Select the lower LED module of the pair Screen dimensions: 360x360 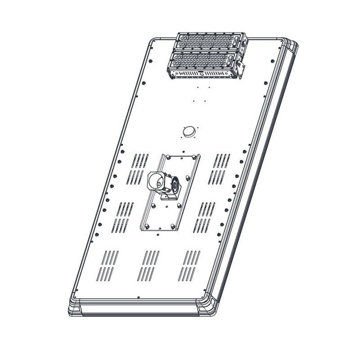(203, 62)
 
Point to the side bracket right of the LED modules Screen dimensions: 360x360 (241, 64)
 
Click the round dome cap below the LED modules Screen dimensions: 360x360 (189, 131)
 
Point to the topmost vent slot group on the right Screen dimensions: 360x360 (222, 161)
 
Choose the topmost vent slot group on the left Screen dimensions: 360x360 (140, 161)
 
